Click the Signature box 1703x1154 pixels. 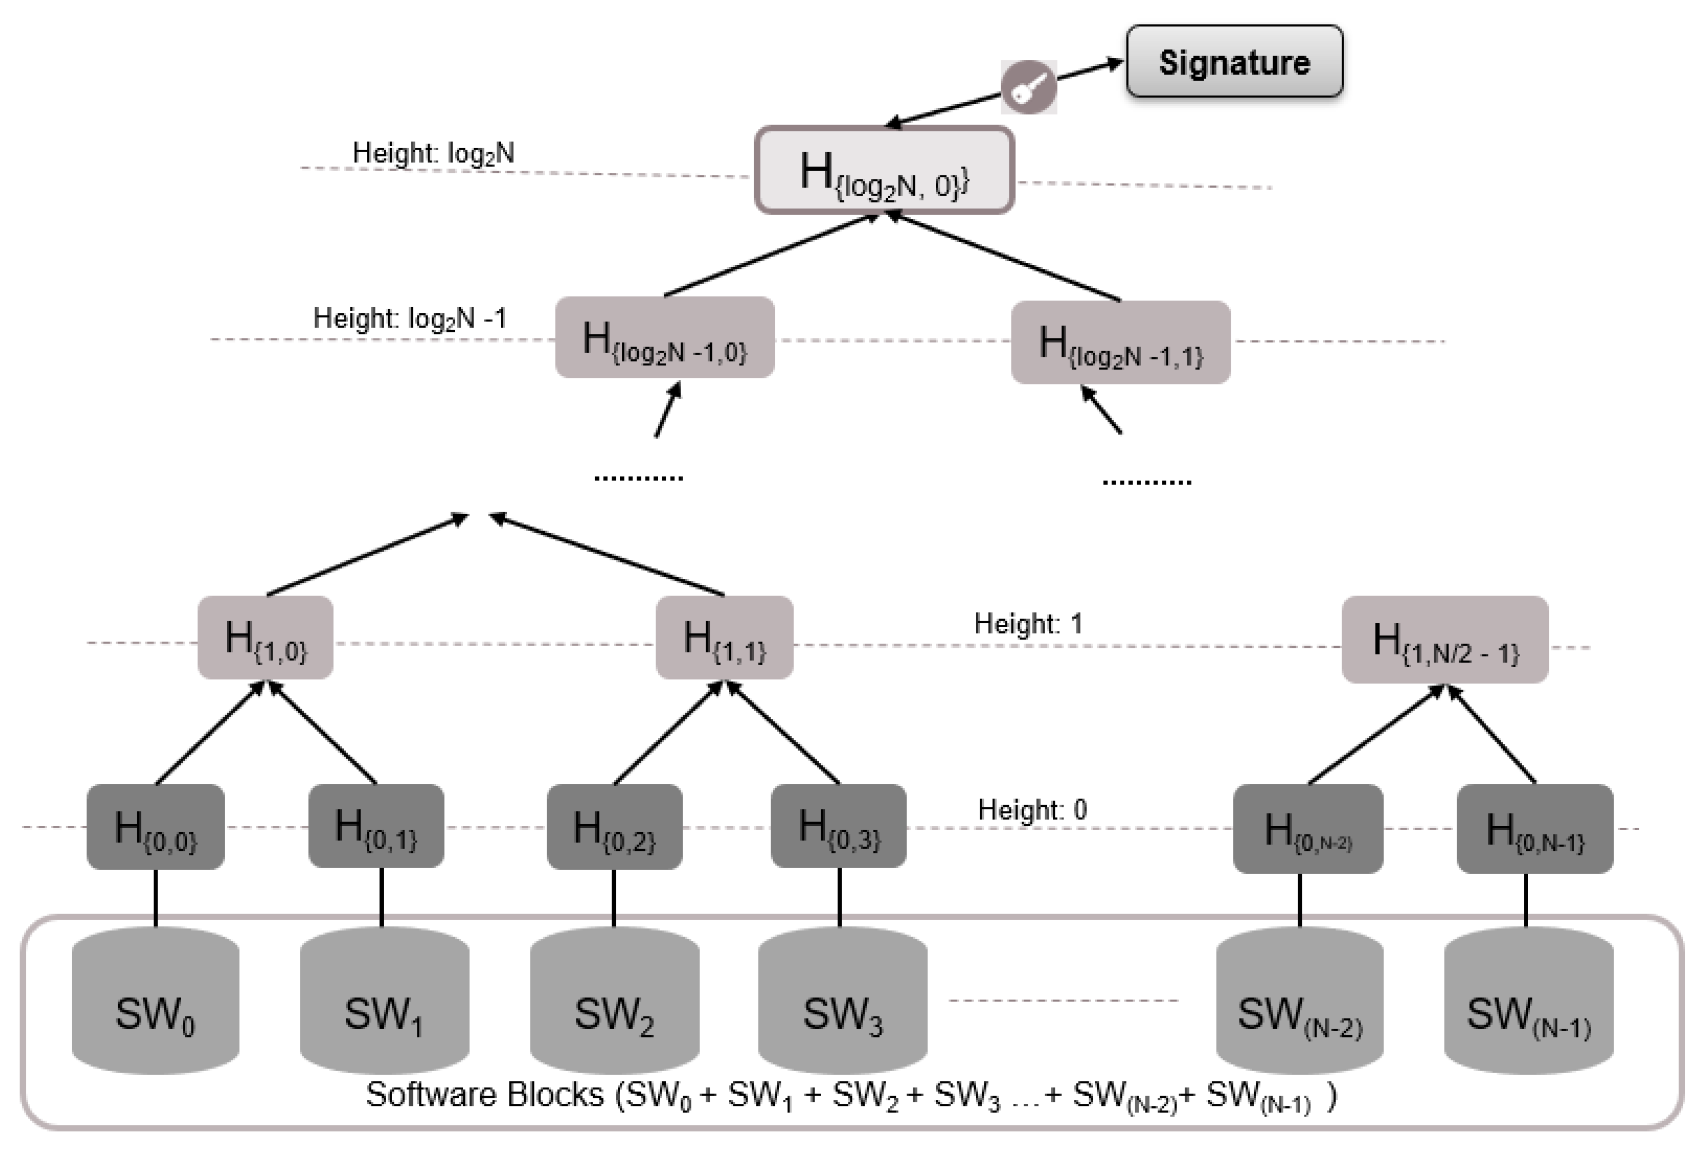coord(1234,61)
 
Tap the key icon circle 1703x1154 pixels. coord(1029,87)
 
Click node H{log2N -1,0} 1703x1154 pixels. coord(665,337)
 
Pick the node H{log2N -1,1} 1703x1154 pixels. coord(1120,342)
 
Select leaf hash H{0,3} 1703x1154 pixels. coord(839,826)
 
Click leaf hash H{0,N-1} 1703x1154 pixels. coord(1534,829)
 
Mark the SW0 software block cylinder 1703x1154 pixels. coord(155,1001)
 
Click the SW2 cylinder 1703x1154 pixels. coord(614,1001)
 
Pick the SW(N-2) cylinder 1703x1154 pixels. coord(1299,1001)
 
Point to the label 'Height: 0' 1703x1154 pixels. coord(1033,809)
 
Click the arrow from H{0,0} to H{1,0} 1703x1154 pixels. coord(209,733)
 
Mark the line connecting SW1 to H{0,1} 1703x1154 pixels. coord(381,897)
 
